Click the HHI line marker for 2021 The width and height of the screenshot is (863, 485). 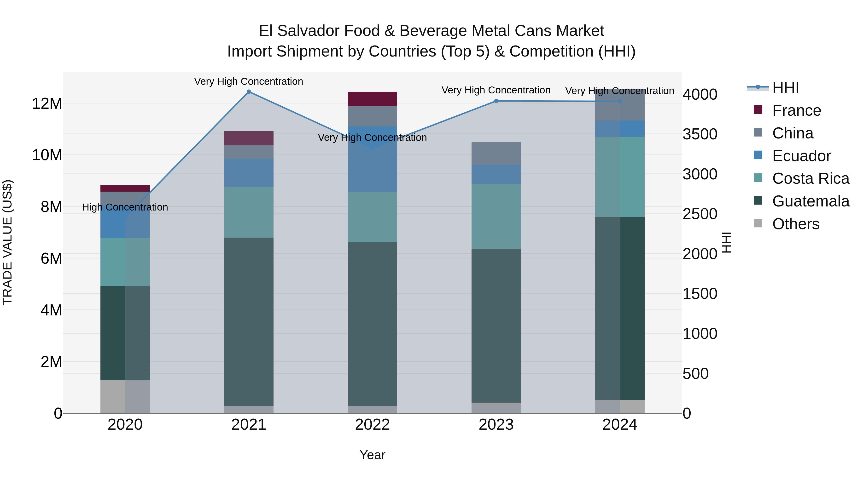pos(249,92)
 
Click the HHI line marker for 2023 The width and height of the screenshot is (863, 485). pos(496,101)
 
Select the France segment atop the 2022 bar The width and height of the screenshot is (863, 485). pos(372,99)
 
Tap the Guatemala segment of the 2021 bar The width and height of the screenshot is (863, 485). pos(249,321)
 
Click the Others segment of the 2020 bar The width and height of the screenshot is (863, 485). pos(125,397)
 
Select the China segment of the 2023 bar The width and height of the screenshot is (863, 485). pos(496,153)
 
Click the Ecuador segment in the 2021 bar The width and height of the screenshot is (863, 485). pos(249,173)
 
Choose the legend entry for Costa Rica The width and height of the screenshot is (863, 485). pos(811,178)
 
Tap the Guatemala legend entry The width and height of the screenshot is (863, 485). pos(811,201)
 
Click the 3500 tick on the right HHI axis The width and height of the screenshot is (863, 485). pos(700,134)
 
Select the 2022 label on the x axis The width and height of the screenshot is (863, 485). pos(372,425)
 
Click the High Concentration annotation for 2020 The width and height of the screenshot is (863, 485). pos(125,207)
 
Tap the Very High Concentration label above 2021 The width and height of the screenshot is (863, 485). pos(249,81)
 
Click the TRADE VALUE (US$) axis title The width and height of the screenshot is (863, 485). pos(7,242)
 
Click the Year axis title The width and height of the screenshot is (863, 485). pos(372,455)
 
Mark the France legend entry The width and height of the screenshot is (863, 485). pos(796,110)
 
